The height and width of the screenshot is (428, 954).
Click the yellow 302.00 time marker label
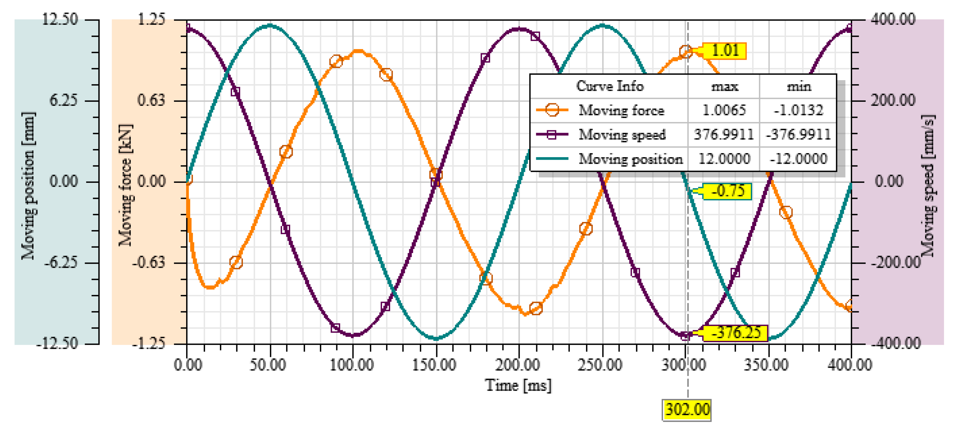pos(687,410)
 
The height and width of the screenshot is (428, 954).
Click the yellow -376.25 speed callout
pos(735,333)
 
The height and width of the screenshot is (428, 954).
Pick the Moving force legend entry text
pos(621,110)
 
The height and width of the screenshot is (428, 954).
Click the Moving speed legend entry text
pos(622,134)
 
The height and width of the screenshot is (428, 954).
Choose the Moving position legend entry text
pos(631,159)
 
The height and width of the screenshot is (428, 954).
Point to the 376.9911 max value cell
pos(724,134)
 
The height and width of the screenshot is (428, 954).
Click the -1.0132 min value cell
pos(799,110)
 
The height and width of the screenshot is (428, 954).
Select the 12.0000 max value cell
pos(724,159)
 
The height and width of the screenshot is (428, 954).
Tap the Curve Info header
pos(610,86)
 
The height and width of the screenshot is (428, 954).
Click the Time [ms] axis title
pos(518,385)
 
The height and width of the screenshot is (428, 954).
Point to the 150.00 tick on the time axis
pos(434,365)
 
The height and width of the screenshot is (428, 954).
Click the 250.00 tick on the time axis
pos(600,365)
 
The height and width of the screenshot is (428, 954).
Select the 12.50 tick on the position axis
pos(60,19)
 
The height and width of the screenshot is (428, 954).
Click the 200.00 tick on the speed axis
pos(893,100)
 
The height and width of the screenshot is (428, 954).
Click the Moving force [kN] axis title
pos(125,185)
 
